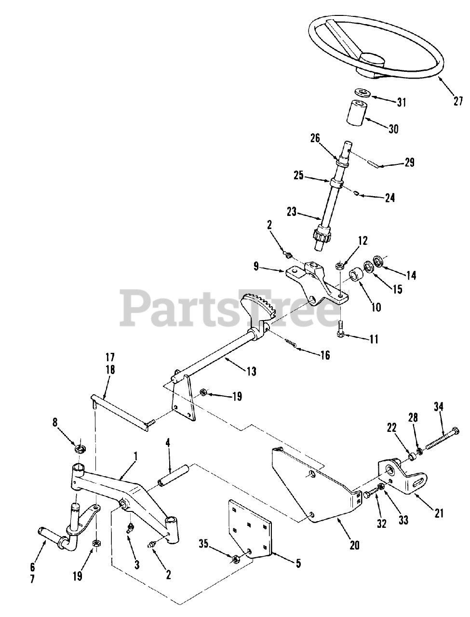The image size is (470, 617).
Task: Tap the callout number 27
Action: click(458, 101)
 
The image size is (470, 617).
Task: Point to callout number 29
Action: click(409, 163)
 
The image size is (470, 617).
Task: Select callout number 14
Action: click(411, 275)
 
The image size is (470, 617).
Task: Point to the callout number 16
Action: click(325, 355)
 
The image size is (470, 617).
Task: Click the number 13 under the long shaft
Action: click(251, 372)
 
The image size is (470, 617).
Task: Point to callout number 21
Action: click(439, 513)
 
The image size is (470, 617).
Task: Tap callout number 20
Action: click(354, 545)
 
